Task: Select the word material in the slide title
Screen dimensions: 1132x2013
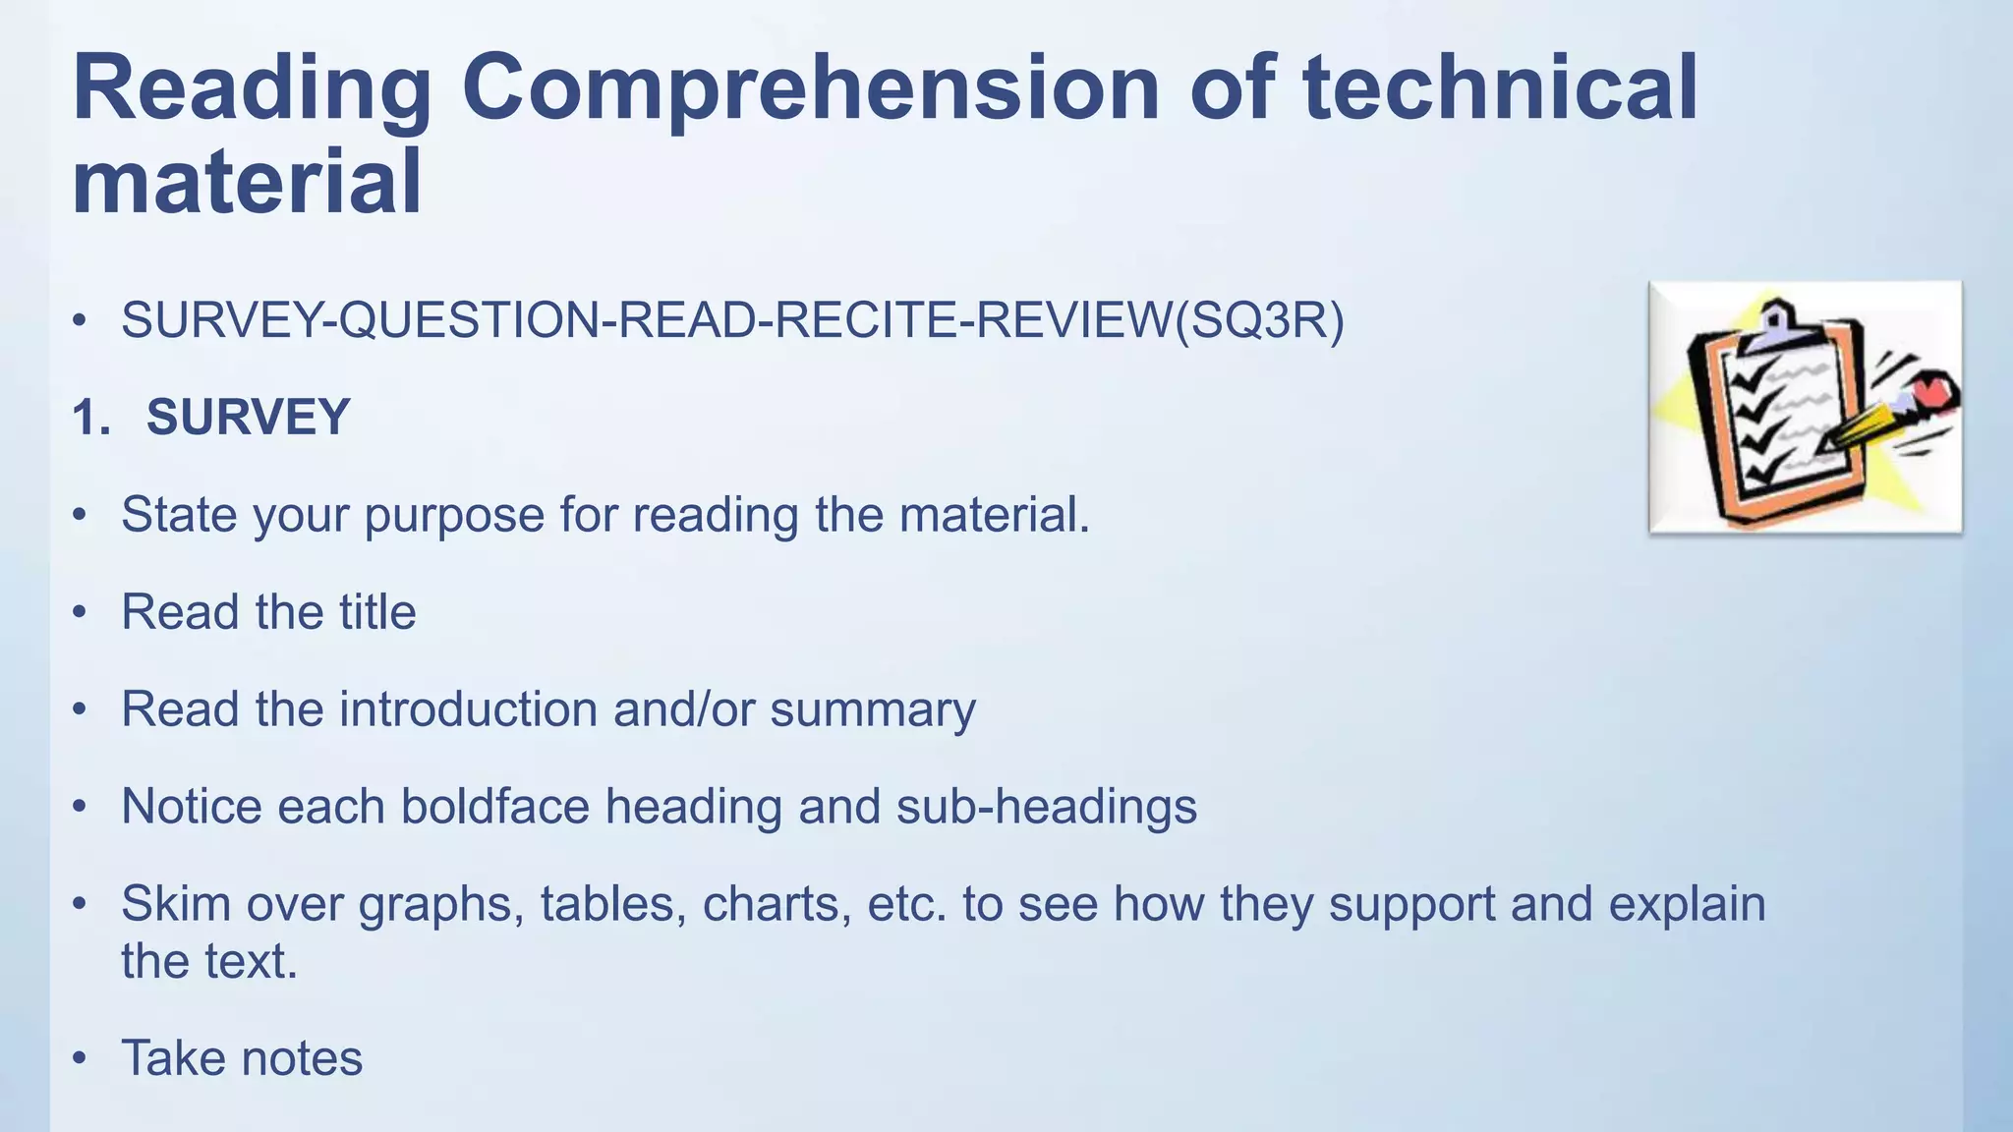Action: tap(247, 183)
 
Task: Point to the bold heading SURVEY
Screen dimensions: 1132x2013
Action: tap(248, 417)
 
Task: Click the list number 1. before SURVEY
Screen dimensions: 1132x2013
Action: tap(91, 418)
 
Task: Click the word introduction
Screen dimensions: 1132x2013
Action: tap(467, 708)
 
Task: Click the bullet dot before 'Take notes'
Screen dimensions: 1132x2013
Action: tap(81, 1059)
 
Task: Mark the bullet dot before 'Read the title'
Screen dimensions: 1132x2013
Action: tap(81, 612)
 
